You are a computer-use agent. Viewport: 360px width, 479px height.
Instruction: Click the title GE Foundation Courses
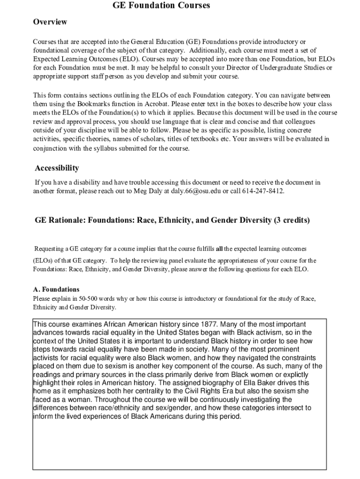pyautogui.click(x=161, y=6)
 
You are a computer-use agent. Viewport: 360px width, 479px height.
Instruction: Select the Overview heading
pyautogui.click(x=50, y=22)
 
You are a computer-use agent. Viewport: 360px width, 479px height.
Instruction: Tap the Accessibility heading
pyautogui.click(x=57, y=168)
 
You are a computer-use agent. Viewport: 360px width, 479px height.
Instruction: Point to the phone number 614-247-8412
pyautogui.click(x=263, y=191)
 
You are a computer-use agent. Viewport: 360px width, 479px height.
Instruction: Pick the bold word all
pyautogui.click(x=219, y=248)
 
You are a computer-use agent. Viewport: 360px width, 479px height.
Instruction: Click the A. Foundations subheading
pyautogui.click(x=56, y=289)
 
